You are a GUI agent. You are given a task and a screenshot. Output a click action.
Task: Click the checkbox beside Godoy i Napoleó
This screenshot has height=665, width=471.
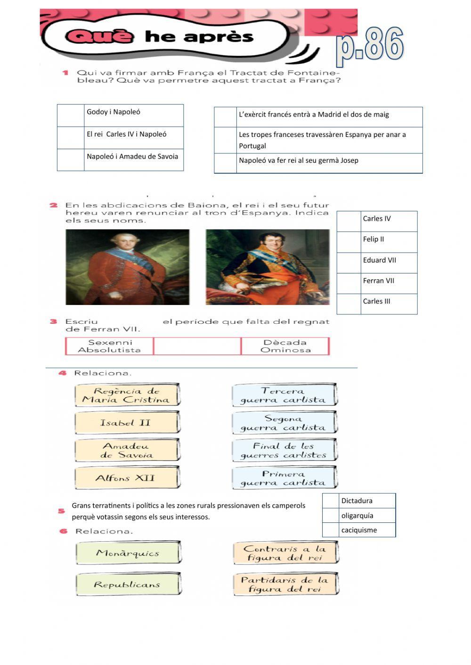coord(71,115)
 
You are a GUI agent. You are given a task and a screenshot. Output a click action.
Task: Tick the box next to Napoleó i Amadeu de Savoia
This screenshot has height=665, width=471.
coord(71,160)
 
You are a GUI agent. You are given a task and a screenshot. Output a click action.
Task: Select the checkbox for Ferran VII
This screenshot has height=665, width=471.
coord(349,283)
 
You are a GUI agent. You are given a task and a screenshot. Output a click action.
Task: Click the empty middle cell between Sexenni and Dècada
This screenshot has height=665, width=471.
coord(197,346)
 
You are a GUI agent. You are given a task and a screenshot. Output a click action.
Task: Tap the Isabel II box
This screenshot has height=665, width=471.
coord(127,423)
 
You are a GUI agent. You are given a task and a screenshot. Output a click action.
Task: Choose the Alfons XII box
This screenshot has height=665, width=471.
coord(127,478)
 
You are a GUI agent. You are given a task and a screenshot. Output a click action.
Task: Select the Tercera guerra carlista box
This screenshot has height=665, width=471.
coord(284,395)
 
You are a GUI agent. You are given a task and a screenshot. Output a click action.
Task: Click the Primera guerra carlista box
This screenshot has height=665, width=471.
coord(284,478)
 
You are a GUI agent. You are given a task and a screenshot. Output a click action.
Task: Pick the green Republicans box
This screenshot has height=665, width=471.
coord(128,585)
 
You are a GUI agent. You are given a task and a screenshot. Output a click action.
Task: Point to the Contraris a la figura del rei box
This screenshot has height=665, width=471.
coord(285,553)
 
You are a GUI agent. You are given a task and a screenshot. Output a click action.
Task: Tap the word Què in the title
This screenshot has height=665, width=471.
coord(99,36)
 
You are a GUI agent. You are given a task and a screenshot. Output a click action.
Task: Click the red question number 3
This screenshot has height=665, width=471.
coord(54,321)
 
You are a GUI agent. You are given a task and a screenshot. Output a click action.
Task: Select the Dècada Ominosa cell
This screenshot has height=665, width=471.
coord(285,346)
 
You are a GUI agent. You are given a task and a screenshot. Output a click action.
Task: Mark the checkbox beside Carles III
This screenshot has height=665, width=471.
coord(349,304)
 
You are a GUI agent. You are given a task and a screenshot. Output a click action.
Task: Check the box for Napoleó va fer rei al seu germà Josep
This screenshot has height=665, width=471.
coord(225,163)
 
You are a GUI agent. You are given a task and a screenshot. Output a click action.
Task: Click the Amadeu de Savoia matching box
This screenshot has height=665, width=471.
coord(127,450)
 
